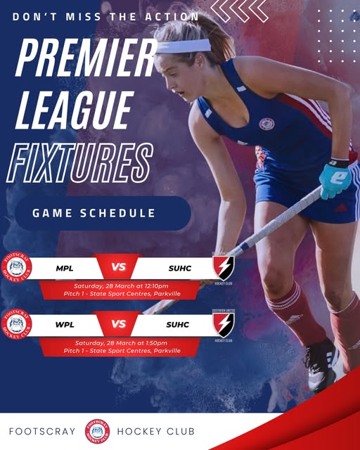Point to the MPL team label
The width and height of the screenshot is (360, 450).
(x=65, y=268)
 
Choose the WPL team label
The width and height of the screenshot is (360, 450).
(x=65, y=324)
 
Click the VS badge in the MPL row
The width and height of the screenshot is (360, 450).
(x=118, y=267)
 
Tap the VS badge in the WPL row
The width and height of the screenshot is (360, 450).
(x=118, y=324)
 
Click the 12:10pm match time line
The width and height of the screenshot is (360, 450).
(x=122, y=285)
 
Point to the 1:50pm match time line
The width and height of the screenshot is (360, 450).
(x=122, y=342)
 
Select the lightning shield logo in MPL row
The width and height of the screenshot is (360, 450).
(x=224, y=267)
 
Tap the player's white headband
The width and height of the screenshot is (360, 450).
(x=184, y=46)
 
